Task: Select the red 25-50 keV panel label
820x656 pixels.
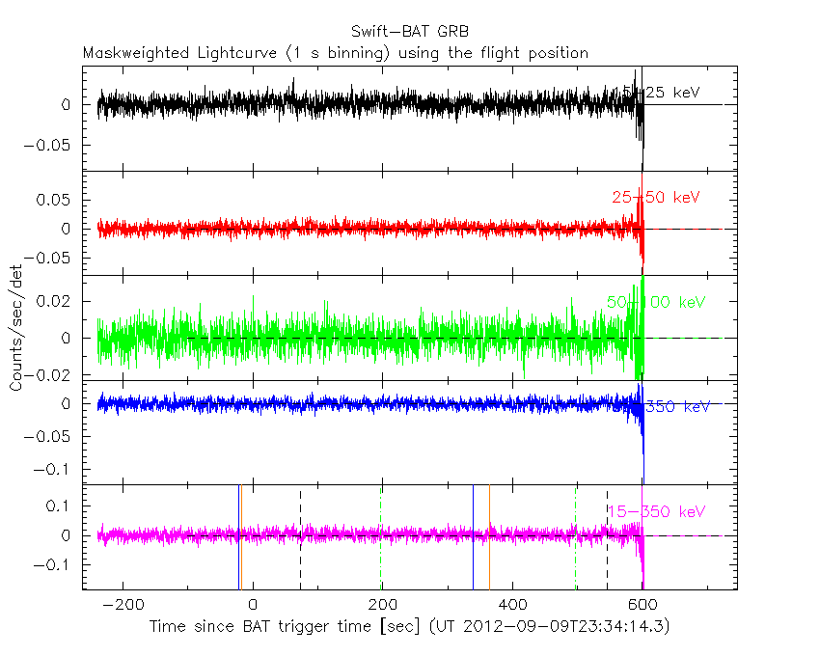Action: coord(655,198)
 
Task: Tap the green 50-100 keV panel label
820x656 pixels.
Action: coord(651,302)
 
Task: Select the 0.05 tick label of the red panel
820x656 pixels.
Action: coord(57,200)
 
